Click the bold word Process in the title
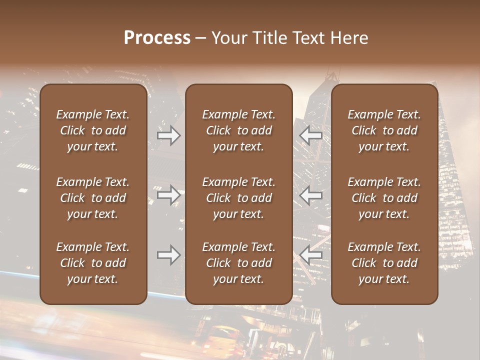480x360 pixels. click(157, 38)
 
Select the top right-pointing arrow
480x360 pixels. click(169, 135)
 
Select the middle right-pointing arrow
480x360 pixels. click(169, 195)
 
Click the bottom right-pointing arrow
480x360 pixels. click(169, 255)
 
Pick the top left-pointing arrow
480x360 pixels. click(311, 135)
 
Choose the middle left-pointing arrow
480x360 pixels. click(311, 195)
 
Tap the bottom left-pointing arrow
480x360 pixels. click(311, 255)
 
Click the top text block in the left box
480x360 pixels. click(93, 130)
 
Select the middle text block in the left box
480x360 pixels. click(93, 198)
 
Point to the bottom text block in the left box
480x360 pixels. click(93, 263)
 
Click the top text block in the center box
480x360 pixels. click(238, 130)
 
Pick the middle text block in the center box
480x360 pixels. click(238, 198)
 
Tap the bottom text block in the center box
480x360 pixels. click(238, 263)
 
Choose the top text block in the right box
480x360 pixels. click(384, 130)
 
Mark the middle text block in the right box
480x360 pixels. click(384, 198)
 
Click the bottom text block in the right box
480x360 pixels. click(384, 263)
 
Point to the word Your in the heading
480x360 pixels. click(229, 38)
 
